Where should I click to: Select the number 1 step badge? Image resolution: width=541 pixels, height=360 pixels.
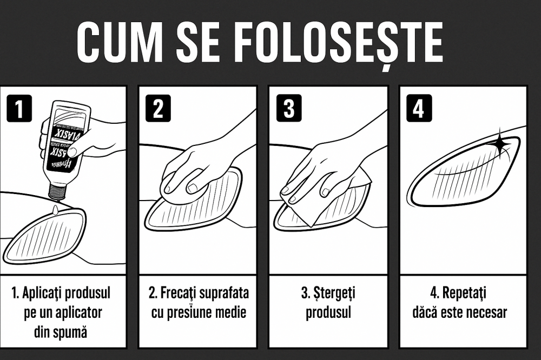point(19,109)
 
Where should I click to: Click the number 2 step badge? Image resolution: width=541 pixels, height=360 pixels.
point(158,109)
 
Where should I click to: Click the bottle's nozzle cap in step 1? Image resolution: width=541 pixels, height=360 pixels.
point(57,191)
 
